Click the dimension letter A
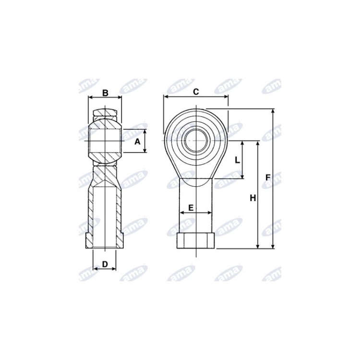coord(137,142)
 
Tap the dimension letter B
coord(105,93)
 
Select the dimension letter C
coord(196,92)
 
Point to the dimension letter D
coord(105,264)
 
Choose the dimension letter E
coord(191,208)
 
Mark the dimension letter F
coord(268,178)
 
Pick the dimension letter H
coord(253,198)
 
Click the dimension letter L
coord(237,160)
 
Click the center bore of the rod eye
coord(196,140)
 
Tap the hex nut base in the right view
coord(196,240)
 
